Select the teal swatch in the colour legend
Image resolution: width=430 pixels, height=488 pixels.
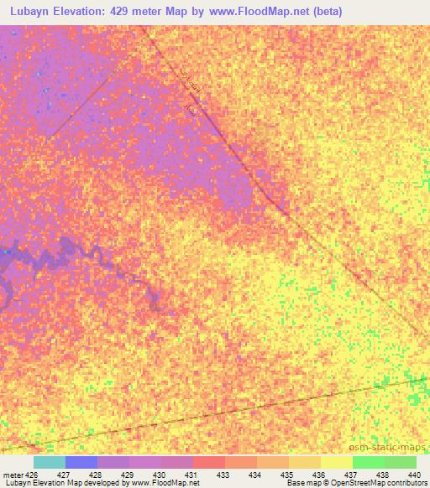[50, 462]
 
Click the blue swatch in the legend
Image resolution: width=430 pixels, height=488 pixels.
[81, 462]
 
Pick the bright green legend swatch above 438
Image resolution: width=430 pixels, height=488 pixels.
[368, 462]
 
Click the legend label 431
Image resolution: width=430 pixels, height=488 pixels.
[191, 475]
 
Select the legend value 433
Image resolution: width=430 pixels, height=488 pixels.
[223, 475]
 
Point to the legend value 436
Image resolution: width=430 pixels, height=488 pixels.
[318, 475]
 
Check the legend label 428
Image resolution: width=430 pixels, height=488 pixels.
[94, 475]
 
